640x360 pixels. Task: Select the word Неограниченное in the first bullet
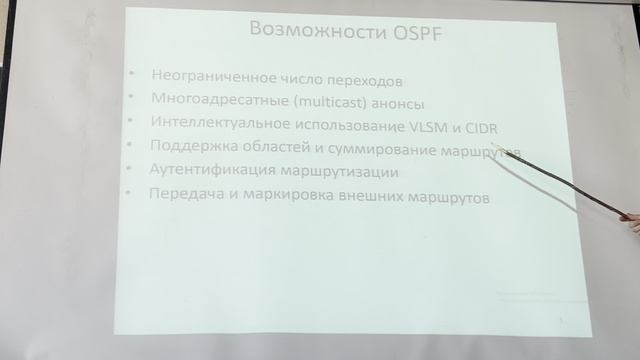coord(202,76)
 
